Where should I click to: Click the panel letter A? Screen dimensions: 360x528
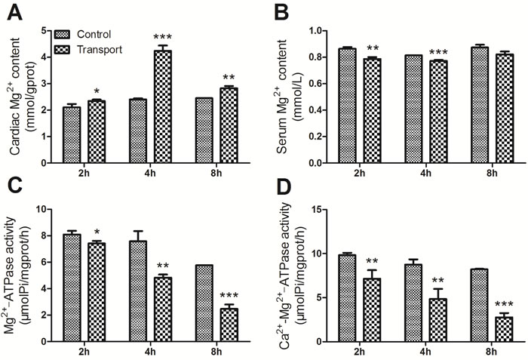pos(11,12)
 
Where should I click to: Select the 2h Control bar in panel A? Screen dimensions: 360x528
pos(72,135)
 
